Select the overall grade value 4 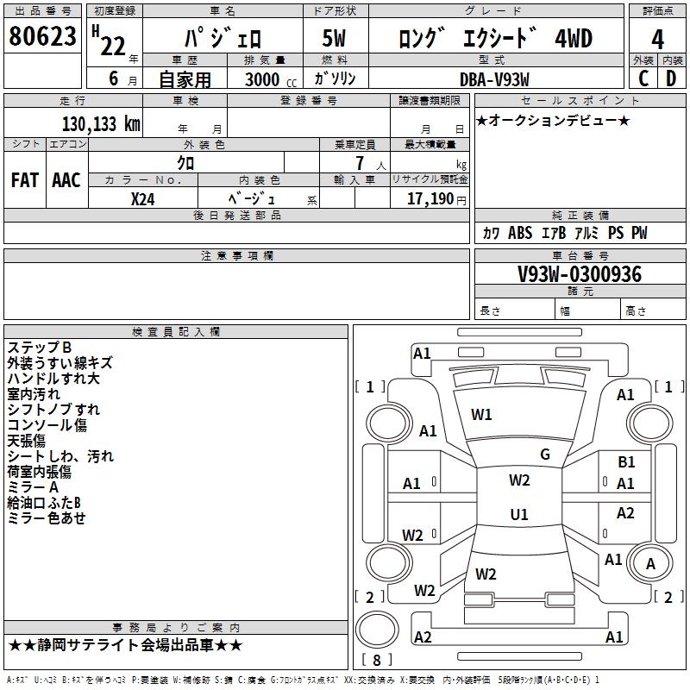657,39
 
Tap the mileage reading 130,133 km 101,123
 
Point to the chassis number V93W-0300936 579,274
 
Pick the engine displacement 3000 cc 267,79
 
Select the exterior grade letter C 643,78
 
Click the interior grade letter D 672,78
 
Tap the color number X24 143,198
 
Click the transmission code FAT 24,180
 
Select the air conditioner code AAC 66,180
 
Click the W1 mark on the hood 481,415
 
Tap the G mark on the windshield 545,455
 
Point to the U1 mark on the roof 519,514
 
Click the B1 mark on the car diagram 626,462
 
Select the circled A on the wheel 650,563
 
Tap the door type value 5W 335,39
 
